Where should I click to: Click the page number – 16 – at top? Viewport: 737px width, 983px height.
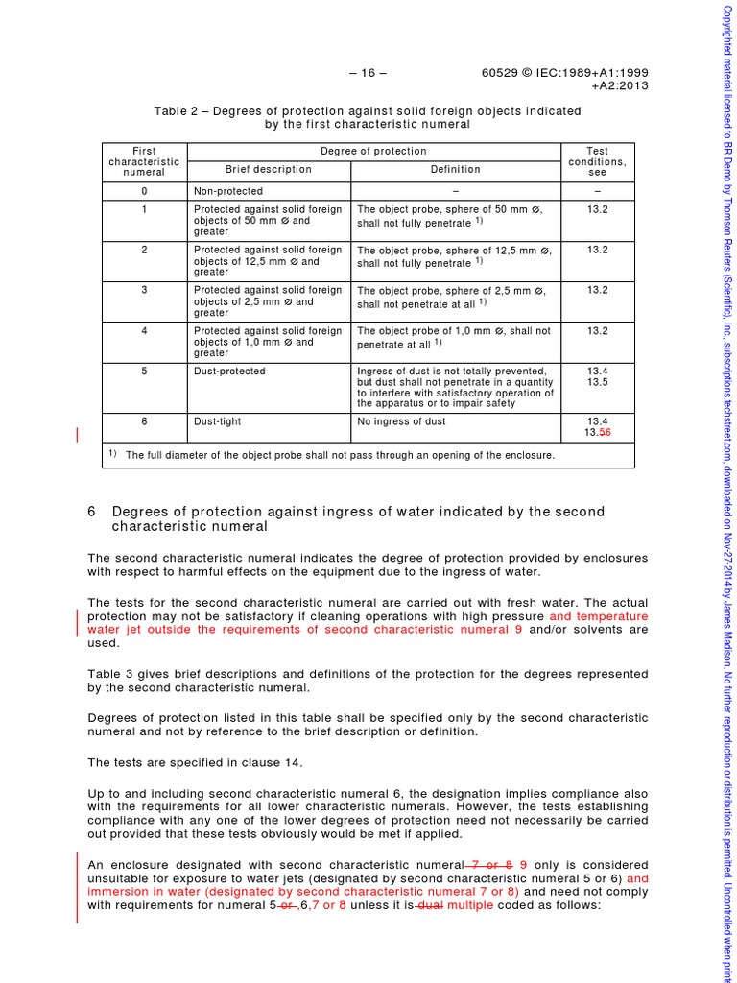(368, 72)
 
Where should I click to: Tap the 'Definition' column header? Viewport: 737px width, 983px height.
(455, 169)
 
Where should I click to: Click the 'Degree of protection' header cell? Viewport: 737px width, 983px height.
(373, 152)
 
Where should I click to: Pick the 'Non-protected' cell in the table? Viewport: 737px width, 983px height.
(227, 191)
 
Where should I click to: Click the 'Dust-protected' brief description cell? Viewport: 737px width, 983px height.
(229, 372)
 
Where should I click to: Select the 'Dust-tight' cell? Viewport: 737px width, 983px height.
(218, 420)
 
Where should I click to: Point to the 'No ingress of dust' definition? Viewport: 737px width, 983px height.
(401, 420)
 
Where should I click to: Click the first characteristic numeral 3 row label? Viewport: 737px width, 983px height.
(144, 290)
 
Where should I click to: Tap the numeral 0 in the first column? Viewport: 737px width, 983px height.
(144, 191)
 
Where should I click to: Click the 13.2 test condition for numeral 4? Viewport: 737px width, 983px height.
(598, 331)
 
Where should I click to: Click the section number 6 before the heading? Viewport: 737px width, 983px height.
(92, 512)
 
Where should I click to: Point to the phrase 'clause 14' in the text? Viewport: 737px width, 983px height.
(273, 762)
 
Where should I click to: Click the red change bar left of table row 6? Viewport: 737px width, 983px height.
(78, 436)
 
